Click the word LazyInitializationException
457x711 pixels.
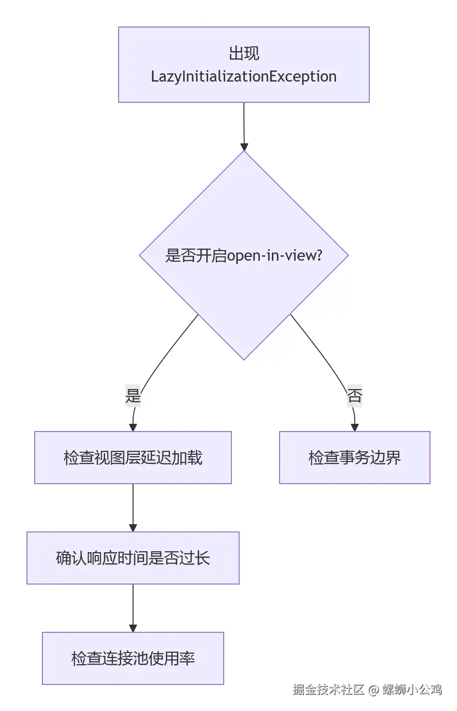click(243, 77)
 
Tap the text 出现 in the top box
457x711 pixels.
click(244, 53)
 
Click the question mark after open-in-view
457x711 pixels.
click(318, 255)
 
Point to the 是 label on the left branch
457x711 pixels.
click(133, 396)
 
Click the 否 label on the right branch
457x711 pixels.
click(354, 396)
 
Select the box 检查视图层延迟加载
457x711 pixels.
click(133, 458)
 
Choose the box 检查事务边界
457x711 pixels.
click(354, 458)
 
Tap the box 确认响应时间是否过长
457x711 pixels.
click(133, 558)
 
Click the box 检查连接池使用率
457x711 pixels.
click(133, 658)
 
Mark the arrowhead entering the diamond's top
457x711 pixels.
click(244, 147)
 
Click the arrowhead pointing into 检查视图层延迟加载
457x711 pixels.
click(133, 427)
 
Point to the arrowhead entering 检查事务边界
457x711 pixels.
click(355, 427)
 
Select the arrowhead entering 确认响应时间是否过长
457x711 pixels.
click(133, 528)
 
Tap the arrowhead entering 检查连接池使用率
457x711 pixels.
click(133, 628)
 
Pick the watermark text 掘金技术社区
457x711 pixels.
click(328, 690)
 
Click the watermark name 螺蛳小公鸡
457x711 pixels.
click(412, 690)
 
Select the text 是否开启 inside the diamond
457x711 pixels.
click(196, 255)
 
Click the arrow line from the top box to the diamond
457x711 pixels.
click(244, 123)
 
